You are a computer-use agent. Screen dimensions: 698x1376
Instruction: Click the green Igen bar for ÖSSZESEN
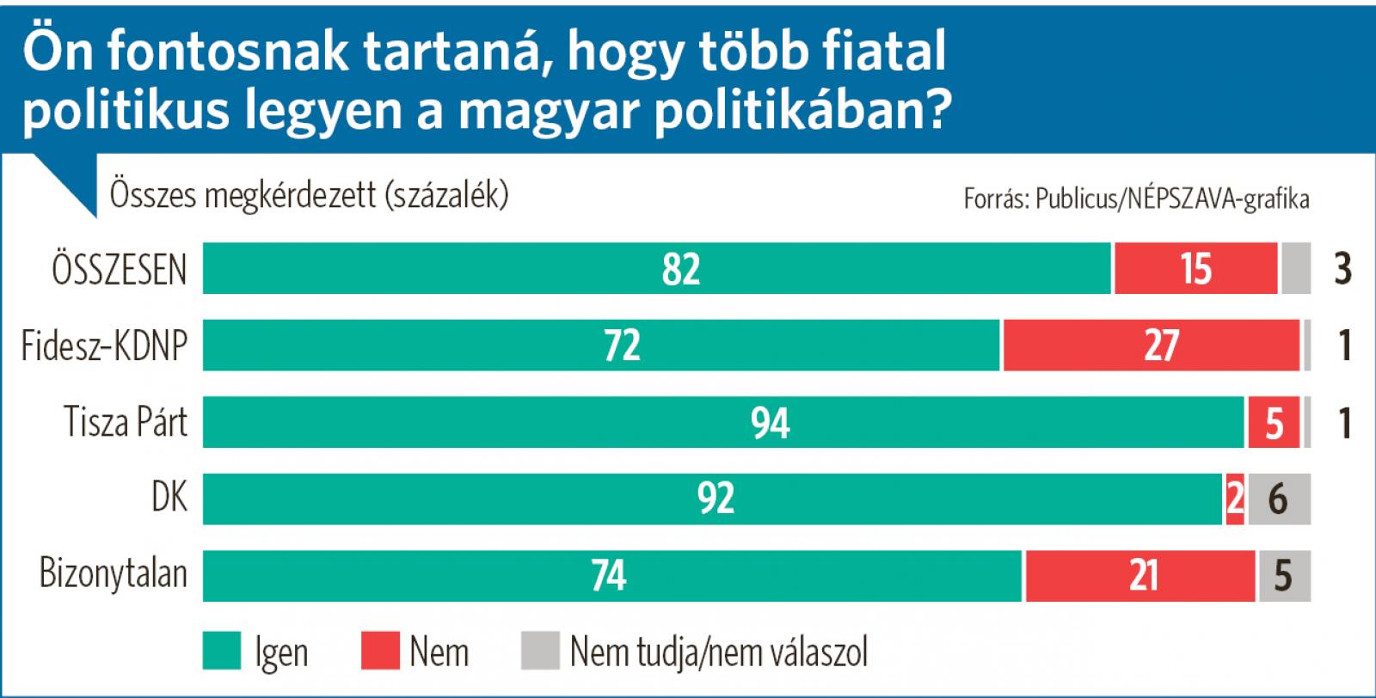[x=657, y=268]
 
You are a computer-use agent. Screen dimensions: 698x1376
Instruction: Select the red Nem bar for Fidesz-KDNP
[x=1151, y=346]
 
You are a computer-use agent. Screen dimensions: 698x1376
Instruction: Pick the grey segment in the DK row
[x=1279, y=499]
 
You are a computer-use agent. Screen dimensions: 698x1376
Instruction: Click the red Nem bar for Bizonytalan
[x=1139, y=575]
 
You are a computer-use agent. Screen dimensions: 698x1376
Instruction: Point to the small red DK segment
[x=1235, y=499]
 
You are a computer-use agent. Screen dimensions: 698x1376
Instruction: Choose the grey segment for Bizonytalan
[x=1284, y=575]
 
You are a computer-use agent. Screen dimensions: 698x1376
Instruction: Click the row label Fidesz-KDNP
[x=104, y=346]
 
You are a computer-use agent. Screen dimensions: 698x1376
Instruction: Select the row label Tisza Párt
[x=126, y=422]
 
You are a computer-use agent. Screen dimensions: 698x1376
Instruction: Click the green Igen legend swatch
[x=221, y=651]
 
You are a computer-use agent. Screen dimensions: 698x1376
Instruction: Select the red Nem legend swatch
[x=380, y=651]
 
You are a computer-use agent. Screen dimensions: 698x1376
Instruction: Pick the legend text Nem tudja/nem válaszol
[x=719, y=652]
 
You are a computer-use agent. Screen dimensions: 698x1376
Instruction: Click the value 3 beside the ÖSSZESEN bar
[x=1342, y=269]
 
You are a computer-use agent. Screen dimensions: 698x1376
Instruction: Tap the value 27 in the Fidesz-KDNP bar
[x=1160, y=346]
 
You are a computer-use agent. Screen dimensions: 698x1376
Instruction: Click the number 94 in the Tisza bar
[x=770, y=422]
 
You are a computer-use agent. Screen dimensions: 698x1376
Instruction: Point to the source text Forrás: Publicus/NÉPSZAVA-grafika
[x=1136, y=199]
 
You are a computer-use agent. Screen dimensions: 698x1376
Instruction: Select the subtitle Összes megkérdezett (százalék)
[x=310, y=196]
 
